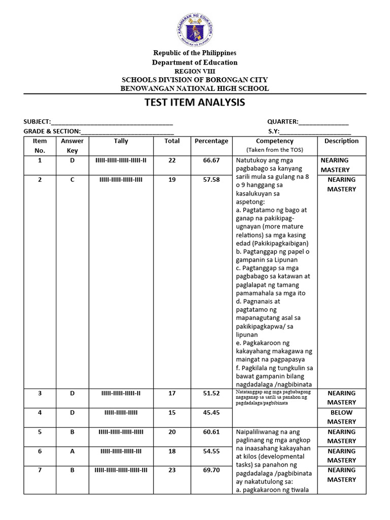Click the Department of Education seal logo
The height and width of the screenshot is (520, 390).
pyautogui.click(x=195, y=29)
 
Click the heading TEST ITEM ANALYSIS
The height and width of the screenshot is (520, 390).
pyautogui.click(x=195, y=103)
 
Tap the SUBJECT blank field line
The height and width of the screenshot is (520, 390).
pyautogui.click(x=112, y=122)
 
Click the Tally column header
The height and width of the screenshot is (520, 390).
pyautogui.click(x=121, y=141)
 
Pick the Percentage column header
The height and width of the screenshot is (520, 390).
pyautogui.click(x=211, y=141)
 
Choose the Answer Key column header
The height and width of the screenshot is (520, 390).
pyautogui.click(x=72, y=146)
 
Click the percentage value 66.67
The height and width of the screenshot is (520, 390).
pyautogui.click(x=211, y=160)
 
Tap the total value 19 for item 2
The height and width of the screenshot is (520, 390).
pyautogui.click(x=172, y=180)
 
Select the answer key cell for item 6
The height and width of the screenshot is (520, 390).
pyautogui.click(x=72, y=451)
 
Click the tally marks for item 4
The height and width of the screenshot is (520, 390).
pyautogui.click(x=121, y=412)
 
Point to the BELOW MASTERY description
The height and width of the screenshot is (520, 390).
pyautogui.click(x=341, y=417)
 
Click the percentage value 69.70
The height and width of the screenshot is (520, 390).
pyautogui.click(x=211, y=470)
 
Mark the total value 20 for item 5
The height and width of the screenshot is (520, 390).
pyautogui.click(x=172, y=432)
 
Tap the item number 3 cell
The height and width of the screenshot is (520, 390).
pyautogui.click(x=40, y=393)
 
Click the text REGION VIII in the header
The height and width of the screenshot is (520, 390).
pyautogui.click(x=195, y=72)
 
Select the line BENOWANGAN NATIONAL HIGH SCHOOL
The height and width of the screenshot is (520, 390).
pyautogui.click(x=195, y=89)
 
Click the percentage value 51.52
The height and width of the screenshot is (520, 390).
pyautogui.click(x=211, y=393)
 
